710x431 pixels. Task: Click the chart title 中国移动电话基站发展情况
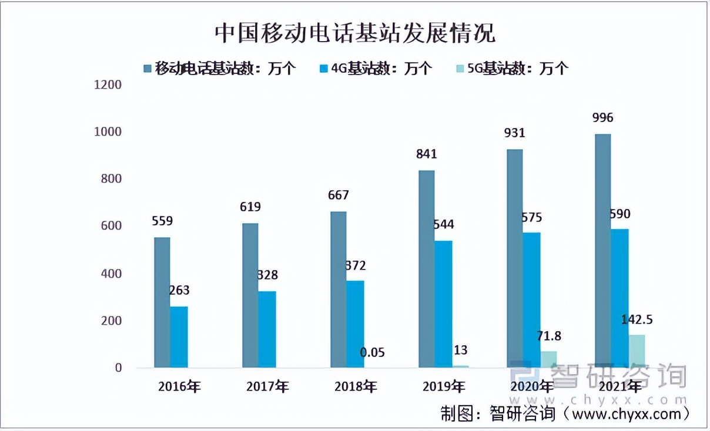click(354, 33)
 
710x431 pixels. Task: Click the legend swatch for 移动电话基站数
click(148, 68)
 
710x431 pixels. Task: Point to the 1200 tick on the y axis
click(108, 85)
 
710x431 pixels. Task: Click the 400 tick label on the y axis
click(108, 274)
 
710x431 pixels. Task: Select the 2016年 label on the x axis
click(179, 387)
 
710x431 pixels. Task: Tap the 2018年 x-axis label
click(356, 387)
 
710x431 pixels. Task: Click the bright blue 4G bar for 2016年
click(179, 337)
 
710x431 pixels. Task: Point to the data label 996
click(602, 118)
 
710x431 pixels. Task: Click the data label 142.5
click(637, 320)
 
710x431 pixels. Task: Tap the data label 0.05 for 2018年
click(372, 352)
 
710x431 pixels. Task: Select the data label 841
click(427, 154)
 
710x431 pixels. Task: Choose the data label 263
click(179, 291)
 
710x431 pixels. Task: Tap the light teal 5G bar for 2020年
click(548, 359)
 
